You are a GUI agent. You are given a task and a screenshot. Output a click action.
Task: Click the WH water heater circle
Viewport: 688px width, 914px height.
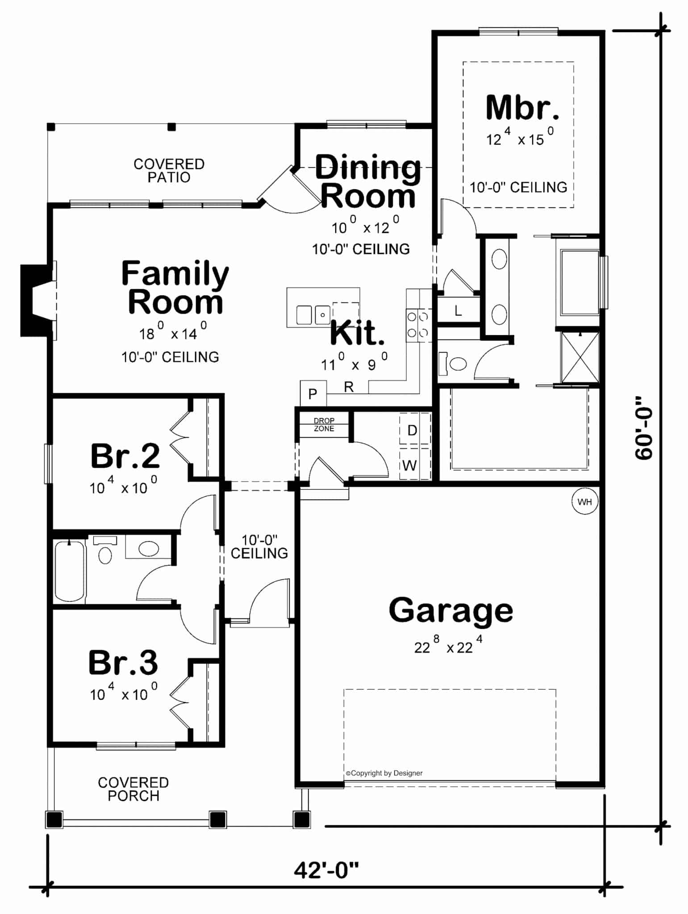coord(585,501)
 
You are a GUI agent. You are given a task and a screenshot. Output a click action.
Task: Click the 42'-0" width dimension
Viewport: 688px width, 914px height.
coord(326,870)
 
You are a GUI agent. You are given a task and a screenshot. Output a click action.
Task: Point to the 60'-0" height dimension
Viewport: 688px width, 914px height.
coord(644,427)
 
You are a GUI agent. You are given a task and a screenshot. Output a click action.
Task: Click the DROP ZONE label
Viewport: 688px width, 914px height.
coord(324,424)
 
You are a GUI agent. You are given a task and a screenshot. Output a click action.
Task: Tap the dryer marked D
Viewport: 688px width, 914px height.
coord(413,430)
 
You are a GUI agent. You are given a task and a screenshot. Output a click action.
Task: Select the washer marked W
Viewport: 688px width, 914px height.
coord(409,465)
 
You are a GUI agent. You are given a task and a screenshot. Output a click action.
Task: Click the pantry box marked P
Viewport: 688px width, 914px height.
coord(313,394)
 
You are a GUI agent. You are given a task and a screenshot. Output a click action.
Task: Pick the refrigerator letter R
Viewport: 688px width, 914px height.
coord(349,387)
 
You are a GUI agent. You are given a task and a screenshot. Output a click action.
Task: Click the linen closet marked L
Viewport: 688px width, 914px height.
coord(458,311)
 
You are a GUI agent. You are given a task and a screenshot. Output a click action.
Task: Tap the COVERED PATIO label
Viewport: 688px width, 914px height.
coord(169,170)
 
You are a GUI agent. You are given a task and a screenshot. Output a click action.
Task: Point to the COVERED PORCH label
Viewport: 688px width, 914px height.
coord(133,789)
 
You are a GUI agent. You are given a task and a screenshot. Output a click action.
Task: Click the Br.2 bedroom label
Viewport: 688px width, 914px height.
coord(125,456)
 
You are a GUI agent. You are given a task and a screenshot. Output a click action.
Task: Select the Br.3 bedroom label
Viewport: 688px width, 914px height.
coord(123,662)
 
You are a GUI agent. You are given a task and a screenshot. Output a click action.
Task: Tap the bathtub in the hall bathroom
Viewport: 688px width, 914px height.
coord(70,570)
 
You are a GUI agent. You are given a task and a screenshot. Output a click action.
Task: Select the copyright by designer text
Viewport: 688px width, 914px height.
coord(384,773)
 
